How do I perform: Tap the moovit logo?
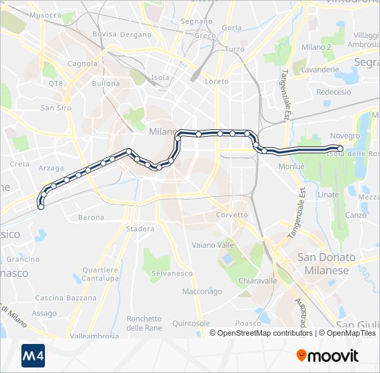(327, 356)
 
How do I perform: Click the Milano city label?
(164, 131)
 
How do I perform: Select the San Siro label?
(56, 108)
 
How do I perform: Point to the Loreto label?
(217, 82)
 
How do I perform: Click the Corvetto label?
(231, 215)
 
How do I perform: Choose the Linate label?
(328, 195)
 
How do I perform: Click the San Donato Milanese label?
(326, 264)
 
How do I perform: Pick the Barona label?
(91, 218)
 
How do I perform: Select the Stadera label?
(140, 229)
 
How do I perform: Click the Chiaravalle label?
(257, 281)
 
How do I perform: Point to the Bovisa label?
(104, 34)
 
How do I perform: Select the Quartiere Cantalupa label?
(99, 274)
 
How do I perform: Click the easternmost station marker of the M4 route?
(340, 149)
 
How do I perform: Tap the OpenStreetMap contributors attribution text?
(262, 333)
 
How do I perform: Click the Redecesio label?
(333, 92)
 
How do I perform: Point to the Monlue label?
(291, 166)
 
